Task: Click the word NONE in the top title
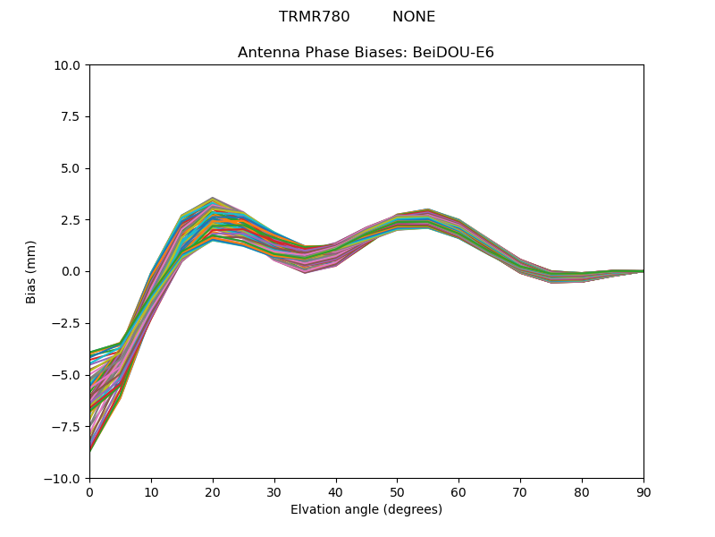[x=414, y=17]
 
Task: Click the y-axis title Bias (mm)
[x=31, y=271]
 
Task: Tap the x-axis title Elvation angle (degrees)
[x=366, y=509]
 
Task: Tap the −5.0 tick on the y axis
[x=68, y=375]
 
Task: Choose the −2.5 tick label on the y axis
[x=68, y=323]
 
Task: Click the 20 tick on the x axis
[x=213, y=491]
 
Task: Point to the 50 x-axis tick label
[x=397, y=491]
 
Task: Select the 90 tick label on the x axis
[x=643, y=491]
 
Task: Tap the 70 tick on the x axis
[x=520, y=491]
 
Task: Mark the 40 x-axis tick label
[x=336, y=491]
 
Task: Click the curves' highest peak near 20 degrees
[x=213, y=198]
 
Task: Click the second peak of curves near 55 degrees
[x=428, y=209]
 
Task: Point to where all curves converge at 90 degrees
[x=643, y=270]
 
